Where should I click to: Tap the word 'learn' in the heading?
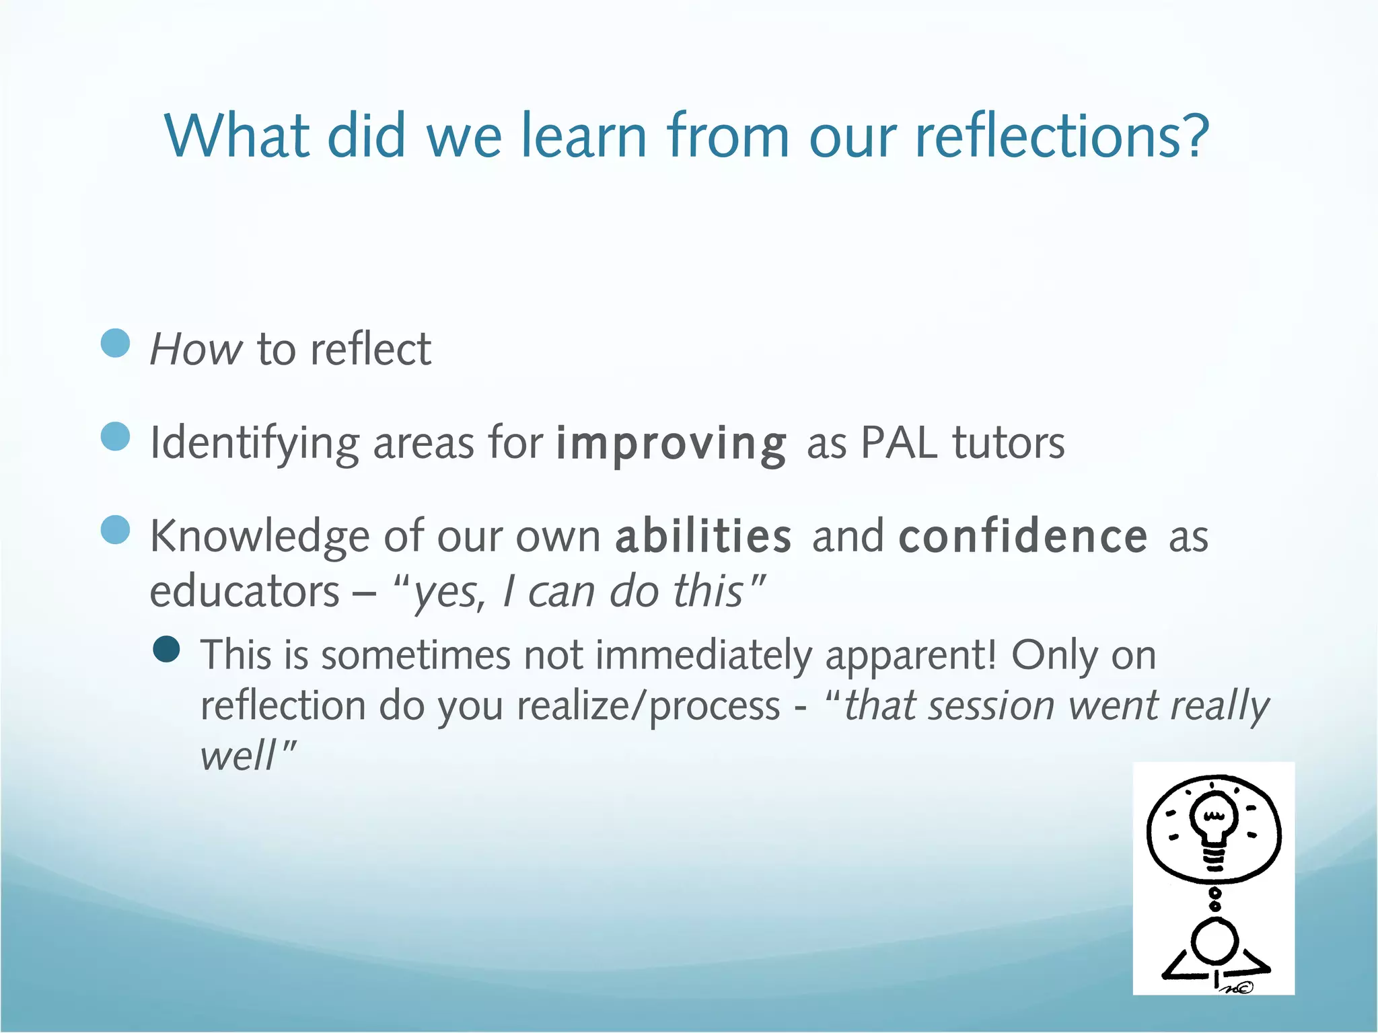[x=583, y=137]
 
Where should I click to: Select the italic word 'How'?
[x=195, y=350]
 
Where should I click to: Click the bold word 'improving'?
[x=671, y=444]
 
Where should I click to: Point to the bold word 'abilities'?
[x=703, y=537]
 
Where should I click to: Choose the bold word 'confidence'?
[x=1023, y=537]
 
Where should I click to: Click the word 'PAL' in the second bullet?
[x=898, y=444]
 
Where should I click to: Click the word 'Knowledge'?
[x=259, y=537]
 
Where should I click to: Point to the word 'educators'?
[x=244, y=592]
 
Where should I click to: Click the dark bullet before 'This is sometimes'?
[x=166, y=650]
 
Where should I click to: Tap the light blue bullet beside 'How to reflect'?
[x=115, y=343]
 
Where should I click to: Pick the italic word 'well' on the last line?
[x=237, y=756]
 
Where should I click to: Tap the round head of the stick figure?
[x=1214, y=942]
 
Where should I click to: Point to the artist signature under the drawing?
[x=1237, y=987]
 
